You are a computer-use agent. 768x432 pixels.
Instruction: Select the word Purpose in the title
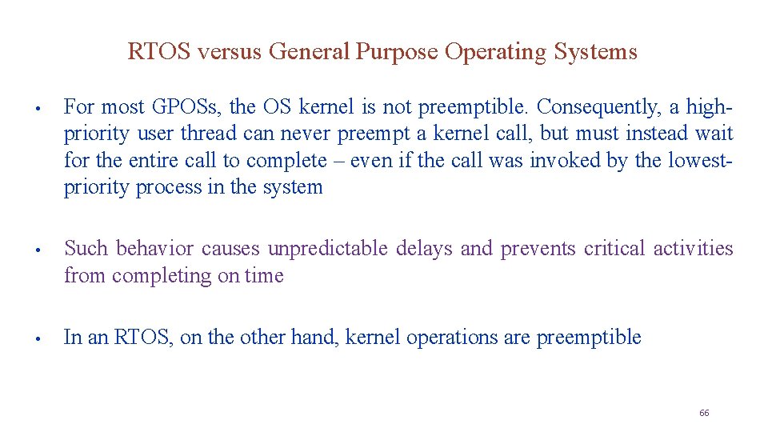tap(397, 52)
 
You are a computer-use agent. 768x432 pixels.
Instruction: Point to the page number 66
tap(704, 413)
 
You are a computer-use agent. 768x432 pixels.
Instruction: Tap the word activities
tap(693, 249)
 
